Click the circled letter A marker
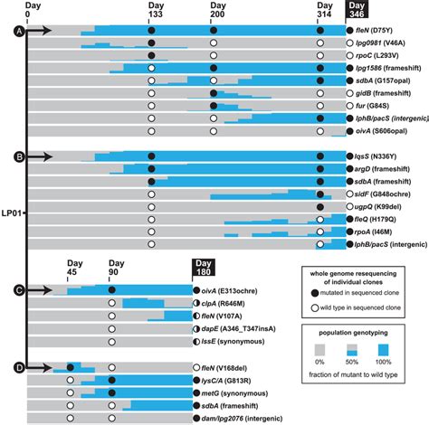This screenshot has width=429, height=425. pos(17,31)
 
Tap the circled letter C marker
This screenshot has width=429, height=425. pos(17,290)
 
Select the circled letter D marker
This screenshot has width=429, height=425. pos(17,366)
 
